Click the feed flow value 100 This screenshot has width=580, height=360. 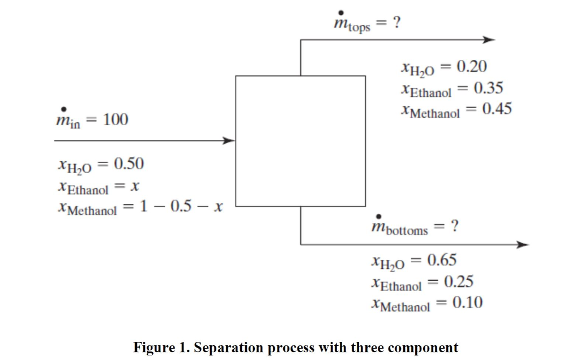coord(116,120)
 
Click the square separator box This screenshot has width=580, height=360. coord(300,140)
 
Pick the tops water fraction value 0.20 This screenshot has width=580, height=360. coord(471,67)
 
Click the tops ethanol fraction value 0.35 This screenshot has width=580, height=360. coord(488,89)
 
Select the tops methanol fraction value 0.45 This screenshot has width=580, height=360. coord(497,109)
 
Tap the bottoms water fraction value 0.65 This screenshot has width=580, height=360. coord(441,260)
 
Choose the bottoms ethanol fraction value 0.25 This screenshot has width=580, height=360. coord(458,282)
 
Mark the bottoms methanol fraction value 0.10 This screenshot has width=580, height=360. coord(467,303)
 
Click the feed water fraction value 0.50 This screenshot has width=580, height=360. coord(129,164)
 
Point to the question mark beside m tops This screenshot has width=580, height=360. coord(397,23)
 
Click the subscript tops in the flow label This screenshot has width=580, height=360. coord(359,28)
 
